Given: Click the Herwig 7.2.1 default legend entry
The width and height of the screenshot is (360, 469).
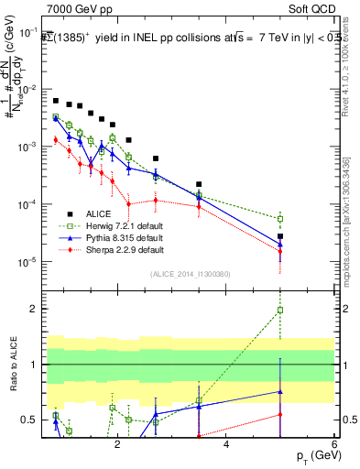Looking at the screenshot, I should pyautogui.click(x=111, y=225).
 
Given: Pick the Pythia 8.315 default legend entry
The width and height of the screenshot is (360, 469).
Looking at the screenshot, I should pyautogui.click(x=110, y=237).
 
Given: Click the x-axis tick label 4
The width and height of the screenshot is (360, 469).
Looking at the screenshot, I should pyautogui.click(x=226, y=444).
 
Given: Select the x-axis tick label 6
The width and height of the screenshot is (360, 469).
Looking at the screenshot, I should pyautogui.click(x=334, y=444).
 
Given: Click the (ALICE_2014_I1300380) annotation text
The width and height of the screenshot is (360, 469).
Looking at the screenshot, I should pyautogui.click(x=190, y=272).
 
